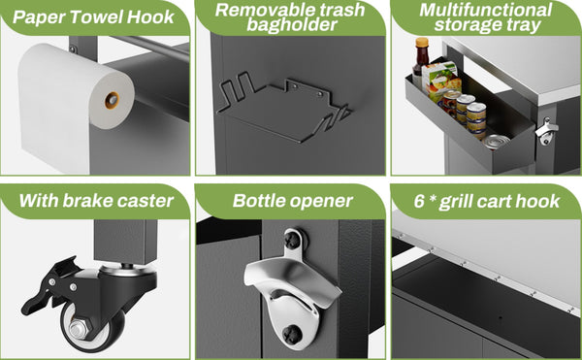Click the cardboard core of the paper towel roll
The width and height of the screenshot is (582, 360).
[112, 100]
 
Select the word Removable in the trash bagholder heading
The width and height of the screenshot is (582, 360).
[256, 10]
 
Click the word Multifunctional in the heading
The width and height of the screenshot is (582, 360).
[486, 10]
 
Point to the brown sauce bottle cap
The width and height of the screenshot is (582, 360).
[422, 43]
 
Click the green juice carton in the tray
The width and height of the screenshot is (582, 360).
[441, 81]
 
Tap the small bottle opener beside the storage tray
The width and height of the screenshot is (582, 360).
[546, 131]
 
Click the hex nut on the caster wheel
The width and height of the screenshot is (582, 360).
[79, 328]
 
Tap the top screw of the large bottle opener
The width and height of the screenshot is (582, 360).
[294, 240]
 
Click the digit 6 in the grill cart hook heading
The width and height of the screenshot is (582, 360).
[419, 201]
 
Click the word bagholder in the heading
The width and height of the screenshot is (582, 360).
[292, 25]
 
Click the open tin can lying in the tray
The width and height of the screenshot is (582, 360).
[498, 142]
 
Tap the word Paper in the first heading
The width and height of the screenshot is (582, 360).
[39, 17]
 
